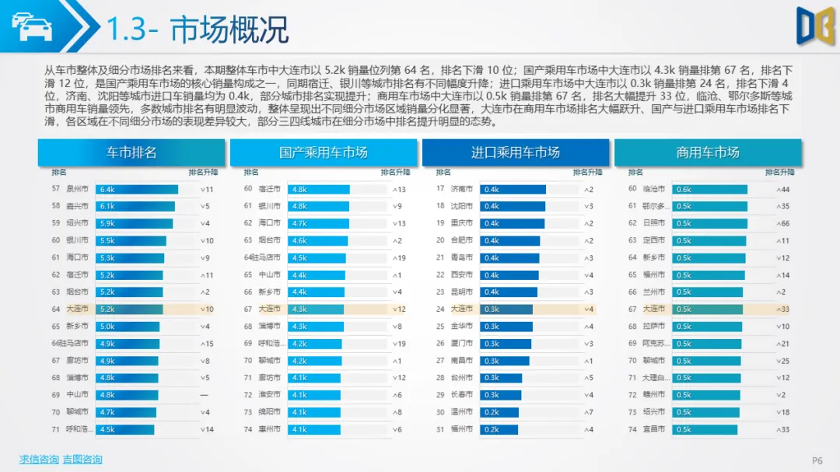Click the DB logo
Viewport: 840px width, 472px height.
click(x=814, y=26)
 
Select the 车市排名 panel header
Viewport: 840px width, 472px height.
click(x=131, y=152)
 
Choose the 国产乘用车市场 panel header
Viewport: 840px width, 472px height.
click(x=323, y=152)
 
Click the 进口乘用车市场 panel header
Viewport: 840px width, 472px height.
click(x=515, y=152)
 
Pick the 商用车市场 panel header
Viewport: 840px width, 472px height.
click(x=707, y=152)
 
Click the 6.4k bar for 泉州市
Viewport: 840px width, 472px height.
click(x=136, y=189)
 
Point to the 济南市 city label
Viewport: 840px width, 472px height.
click(x=462, y=189)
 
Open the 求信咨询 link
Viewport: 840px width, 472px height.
click(x=39, y=460)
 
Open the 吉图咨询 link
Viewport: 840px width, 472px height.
click(x=82, y=460)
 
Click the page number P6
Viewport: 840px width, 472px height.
click(x=817, y=461)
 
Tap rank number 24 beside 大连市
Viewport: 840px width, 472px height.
click(x=440, y=309)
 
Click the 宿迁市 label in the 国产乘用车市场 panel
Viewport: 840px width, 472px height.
click(x=269, y=189)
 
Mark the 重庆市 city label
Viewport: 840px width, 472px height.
click(x=462, y=223)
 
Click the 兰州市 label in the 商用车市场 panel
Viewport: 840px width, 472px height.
click(x=654, y=292)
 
